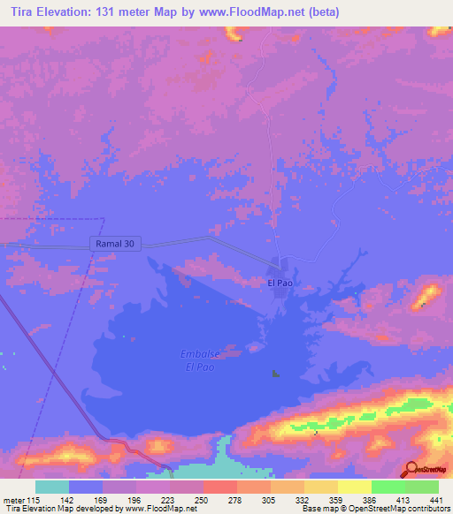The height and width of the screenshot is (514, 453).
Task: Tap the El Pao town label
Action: pyautogui.click(x=280, y=283)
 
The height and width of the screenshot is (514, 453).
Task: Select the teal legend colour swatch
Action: pyautogui.click(x=51, y=488)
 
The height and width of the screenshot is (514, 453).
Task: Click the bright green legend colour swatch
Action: pyautogui.click(x=388, y=488)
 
